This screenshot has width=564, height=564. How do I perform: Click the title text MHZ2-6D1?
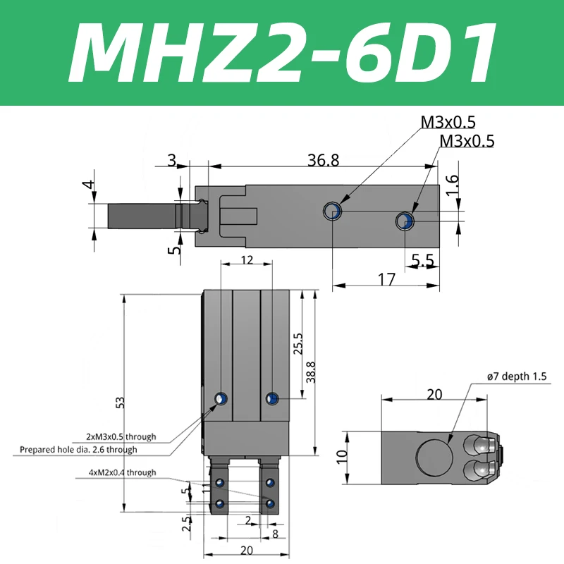click(282, 54)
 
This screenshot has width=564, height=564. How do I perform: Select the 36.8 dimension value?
click(324, 160)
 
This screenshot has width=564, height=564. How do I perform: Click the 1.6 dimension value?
click(453, 185)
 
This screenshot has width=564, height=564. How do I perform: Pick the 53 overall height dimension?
click(121, 402)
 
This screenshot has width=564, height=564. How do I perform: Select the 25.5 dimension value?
click(298, 343)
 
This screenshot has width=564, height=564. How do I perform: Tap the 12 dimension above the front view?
click(245, 260)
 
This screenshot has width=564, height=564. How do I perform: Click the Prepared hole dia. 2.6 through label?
click(78, 449)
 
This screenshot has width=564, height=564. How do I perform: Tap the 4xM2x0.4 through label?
click(117, 472)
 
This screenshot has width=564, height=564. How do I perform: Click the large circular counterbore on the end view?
click(432, 457)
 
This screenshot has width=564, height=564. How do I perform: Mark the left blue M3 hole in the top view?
click(332, 210)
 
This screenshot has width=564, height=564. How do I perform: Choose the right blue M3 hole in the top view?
click(405, 221)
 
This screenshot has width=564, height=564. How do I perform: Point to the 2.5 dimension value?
click(185, 523)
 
